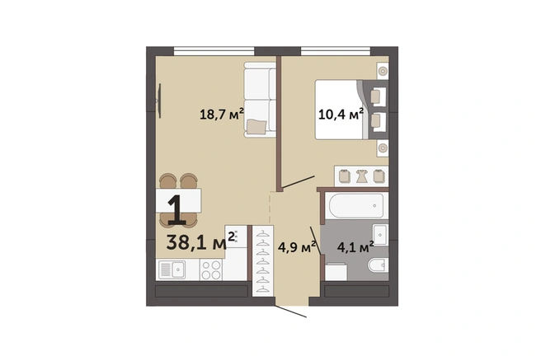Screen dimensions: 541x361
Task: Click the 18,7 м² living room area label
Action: pos(222,114)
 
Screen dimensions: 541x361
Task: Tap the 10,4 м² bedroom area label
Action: pos(341,114)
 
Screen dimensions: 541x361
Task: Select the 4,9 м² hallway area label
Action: pos(297,247)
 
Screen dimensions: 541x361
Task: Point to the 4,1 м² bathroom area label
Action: pos(355,247)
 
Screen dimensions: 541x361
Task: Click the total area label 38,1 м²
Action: pos(200,241)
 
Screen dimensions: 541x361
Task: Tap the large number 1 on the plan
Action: pos(176,209)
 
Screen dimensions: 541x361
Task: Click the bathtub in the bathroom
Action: pos(356,206)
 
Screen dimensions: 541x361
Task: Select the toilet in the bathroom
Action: pos(378,265)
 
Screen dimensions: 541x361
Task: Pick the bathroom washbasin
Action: pos(380,234)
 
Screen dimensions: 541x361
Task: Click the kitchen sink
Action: pos(172,270)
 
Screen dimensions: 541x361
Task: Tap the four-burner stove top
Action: pos(211,270)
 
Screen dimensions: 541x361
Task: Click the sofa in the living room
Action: pos(260,100)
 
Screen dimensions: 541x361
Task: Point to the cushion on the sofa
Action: pos(256,126)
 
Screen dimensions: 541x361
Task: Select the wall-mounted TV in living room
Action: pos(159,101)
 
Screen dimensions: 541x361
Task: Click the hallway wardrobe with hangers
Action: pos(263,261)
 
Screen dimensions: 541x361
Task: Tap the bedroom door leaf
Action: pos(298,182)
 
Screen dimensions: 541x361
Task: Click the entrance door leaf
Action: pos(291,312)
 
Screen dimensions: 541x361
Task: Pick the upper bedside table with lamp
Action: pos(383,71)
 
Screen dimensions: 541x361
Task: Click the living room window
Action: pos(214,51)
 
